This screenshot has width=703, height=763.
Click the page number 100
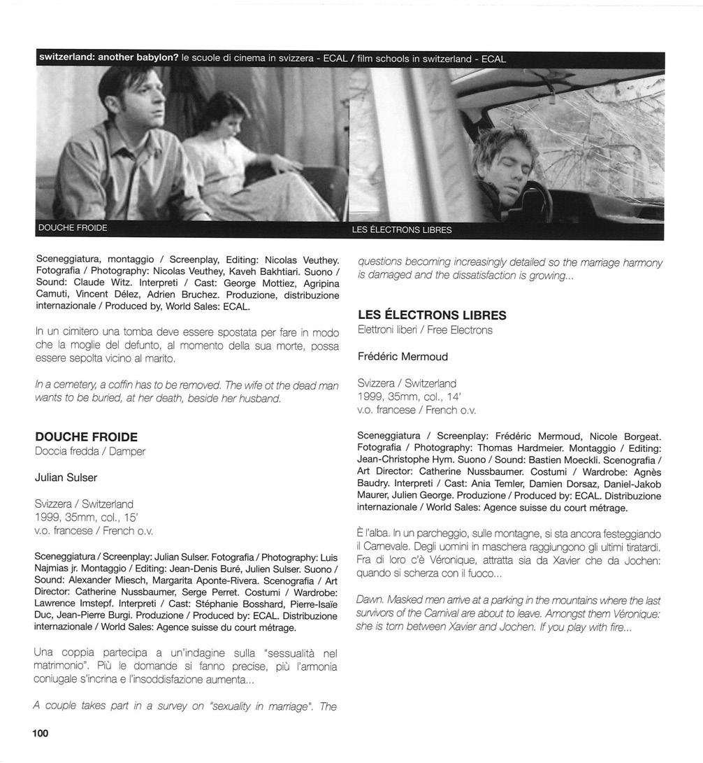[x=40, y=733]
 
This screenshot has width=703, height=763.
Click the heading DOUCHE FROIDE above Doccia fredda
[x=86, y=437]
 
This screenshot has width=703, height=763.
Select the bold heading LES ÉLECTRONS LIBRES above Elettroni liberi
[x=432, y=315]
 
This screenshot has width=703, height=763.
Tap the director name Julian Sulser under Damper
[x=66, y=478]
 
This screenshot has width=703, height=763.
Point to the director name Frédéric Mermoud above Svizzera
[x=403, y=356]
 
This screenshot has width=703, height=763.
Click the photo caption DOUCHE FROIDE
[x=73, y=228]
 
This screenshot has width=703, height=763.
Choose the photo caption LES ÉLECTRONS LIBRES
[x=402, y=229]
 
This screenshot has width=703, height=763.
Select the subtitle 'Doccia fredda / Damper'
[x=90, y=452]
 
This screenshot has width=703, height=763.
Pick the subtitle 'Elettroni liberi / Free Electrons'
[x=425, y=330]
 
